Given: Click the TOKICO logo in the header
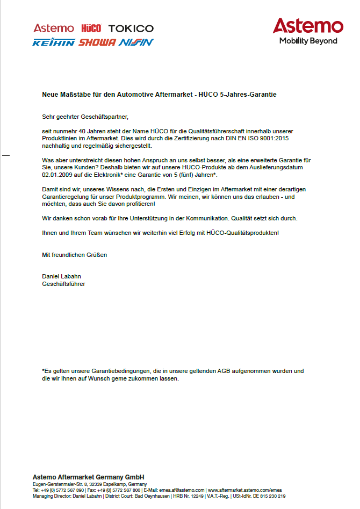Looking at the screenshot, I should coord(131,28).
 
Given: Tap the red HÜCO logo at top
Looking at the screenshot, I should coord(91,28).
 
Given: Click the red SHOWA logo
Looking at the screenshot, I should coord(97,42).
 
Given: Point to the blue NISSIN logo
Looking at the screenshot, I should coord(136,42).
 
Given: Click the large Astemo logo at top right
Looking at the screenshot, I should coord(307,26).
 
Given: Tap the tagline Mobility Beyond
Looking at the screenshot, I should coord(308,41).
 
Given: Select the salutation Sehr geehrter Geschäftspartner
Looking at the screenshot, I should coord(85,116).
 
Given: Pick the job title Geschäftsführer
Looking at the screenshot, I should coord(63,284).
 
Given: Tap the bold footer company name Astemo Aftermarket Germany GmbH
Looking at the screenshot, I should coord(88,477).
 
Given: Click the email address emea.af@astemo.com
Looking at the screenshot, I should coord(182,490).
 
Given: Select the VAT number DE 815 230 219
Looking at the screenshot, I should coord(270,496).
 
